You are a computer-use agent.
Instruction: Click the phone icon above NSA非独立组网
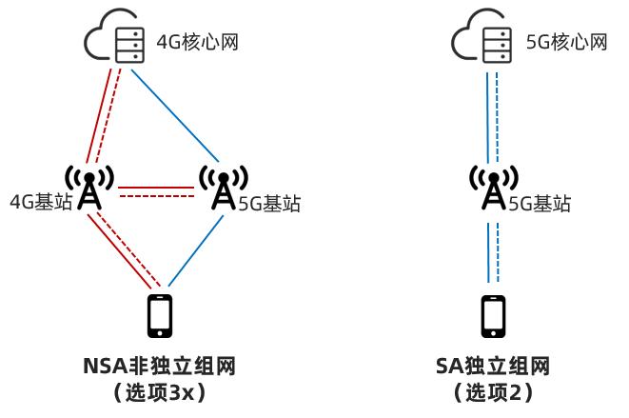tap(160, 316)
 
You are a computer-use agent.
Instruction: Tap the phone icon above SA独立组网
tap(493, 316)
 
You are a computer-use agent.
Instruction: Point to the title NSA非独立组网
tap(159, 367)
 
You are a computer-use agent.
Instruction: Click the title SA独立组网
tap(493, 367)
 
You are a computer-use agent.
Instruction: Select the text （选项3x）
tap(159, 392)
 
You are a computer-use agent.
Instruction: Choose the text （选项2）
tap(493, 392)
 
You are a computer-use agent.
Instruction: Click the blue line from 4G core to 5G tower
tap(176, 115)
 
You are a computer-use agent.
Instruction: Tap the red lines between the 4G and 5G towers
tap(157, 191)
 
